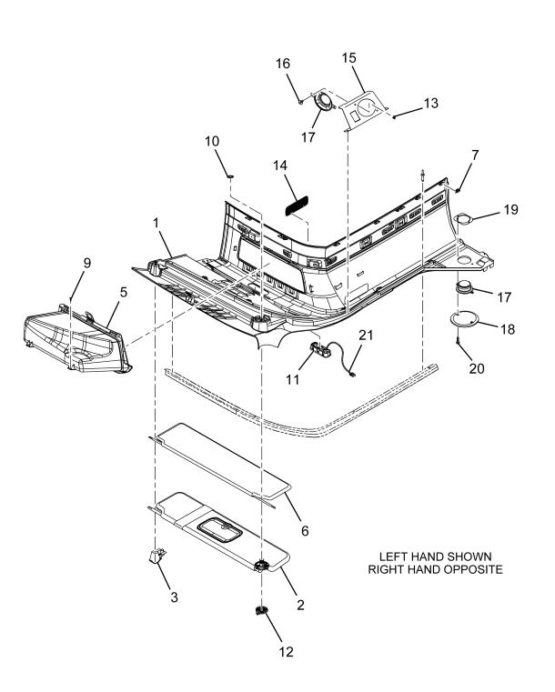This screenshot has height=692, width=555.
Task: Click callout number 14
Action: click(x=280, y=165)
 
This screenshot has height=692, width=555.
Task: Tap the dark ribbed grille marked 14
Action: click(x=297, y=206)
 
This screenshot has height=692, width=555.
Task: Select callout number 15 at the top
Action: click(x=348, y=58)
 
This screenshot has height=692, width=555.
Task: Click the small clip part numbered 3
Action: click(x=157, y=556)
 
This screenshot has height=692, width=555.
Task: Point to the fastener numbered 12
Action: click(x=262, y=611)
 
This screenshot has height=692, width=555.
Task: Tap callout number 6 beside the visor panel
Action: click(x=305, y=530)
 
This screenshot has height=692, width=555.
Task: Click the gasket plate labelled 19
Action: click(x=464, y=218)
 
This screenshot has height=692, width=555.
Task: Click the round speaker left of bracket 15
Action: click(x=325, y=103)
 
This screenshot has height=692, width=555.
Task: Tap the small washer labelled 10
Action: click(x=229, y=177)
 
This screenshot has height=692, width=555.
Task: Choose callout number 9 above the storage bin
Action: click(x=87, y=263)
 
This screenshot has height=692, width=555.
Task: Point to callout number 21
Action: click(x=366, y=336)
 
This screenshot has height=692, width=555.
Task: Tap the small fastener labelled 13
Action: click(x=394, y=117)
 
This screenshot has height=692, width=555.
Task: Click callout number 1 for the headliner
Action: click(x=156, y=224)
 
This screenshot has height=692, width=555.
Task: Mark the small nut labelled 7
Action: click(x=458, y=190)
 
